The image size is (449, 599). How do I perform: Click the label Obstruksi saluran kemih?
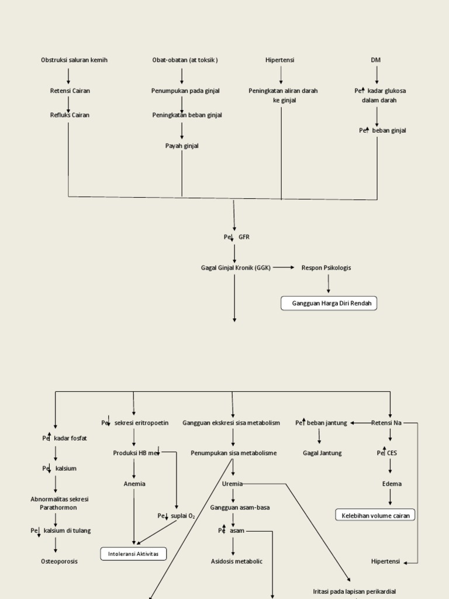(74, 60)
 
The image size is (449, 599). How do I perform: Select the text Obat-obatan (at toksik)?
(185, 60)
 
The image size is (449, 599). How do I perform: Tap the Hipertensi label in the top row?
(280, 60)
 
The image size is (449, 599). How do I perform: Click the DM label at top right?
(376, 60)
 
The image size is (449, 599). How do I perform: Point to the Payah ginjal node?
(182, 146)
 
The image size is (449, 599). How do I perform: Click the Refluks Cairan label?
(70, 115)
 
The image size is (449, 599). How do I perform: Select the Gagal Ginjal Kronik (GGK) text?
(235, 268)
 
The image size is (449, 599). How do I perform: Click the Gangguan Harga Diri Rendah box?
(329, 304)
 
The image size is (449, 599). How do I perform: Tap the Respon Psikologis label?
(326, 268)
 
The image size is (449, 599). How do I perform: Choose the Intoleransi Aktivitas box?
(133, 553)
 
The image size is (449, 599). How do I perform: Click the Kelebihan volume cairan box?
(375, 515)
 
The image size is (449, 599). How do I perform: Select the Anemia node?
(134, 484)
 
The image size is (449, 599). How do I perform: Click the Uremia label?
(232, 484)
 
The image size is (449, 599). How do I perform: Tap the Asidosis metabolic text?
(237, 561)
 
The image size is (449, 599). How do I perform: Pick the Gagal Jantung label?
(322, 453)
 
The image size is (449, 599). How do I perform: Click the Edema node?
(392, 484)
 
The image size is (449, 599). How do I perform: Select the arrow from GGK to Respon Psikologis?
(284, 267)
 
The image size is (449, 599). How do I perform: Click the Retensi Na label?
(386, 422)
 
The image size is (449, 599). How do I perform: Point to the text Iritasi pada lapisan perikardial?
(355, 591)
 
